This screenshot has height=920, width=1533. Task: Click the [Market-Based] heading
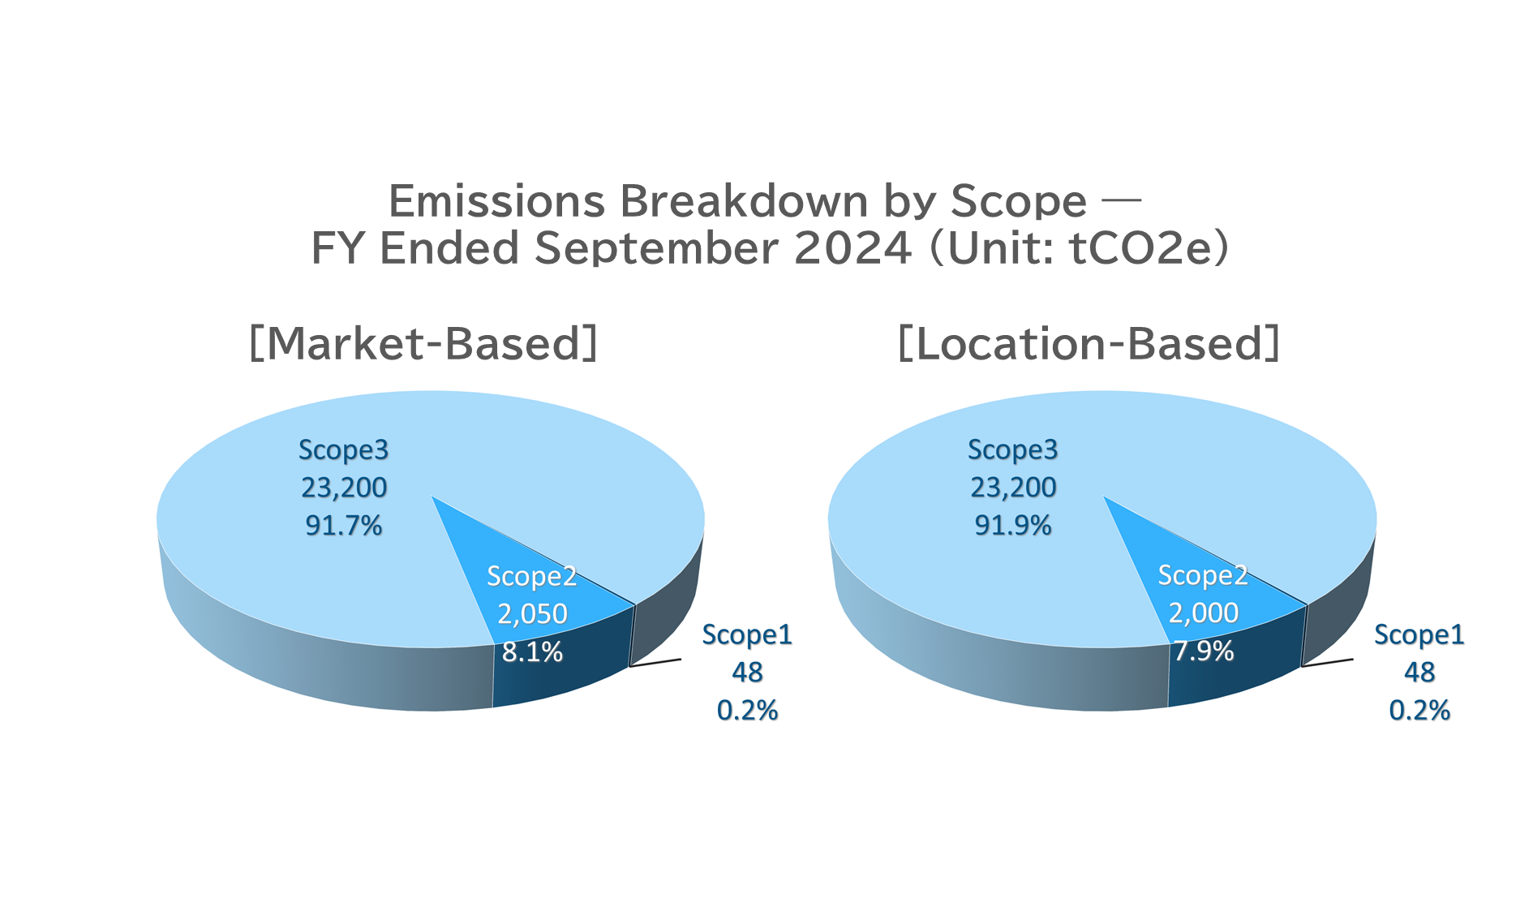[x=423, y=343]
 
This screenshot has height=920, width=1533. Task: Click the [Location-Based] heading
[x=1089, y=343]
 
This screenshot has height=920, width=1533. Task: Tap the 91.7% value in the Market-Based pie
[x=344, y=526]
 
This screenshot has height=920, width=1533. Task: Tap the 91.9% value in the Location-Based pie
[x=1013, y=526]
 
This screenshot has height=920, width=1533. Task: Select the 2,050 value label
[x=532, y=613]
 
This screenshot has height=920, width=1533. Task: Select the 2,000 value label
[x=1204, y=613]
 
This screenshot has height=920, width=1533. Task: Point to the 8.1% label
[x=532, y=651]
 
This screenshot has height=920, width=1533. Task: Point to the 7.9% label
[x=1204, y=651]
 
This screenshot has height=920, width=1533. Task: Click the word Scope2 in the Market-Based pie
[x=532, y=576]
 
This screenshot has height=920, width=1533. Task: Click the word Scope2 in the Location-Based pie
[x=1203, y=575]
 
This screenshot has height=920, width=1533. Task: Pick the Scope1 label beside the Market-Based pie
[x=747, y=634]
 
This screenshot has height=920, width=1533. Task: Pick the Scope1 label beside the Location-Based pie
[x=1419, y=634]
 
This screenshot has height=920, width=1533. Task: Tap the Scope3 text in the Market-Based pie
[x=344, y=449]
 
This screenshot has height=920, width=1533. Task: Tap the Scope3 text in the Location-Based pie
[x=1013, y=449]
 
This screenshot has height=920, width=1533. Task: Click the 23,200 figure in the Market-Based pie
[x=344, y=488]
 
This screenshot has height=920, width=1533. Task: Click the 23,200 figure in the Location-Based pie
[x=1013, y=488]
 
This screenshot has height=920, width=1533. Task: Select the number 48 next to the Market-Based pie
[x=747, y=673]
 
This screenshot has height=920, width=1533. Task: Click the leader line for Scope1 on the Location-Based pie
[x=1327, y=663]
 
